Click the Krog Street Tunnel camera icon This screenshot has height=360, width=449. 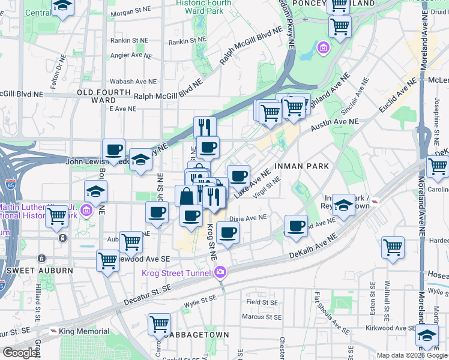(x=220, y=272)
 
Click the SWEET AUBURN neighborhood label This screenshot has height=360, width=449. (x=40, y=271)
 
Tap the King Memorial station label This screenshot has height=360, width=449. (x=84, y=331)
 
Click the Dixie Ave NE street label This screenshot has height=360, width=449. (x=247, y=218)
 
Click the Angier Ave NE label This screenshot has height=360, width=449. (x=134, y=56)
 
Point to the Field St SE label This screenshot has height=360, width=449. (x=262, y=303)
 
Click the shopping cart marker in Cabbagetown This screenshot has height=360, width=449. (x=159, y=323)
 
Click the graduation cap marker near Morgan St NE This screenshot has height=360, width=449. (x=62, y=7)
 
